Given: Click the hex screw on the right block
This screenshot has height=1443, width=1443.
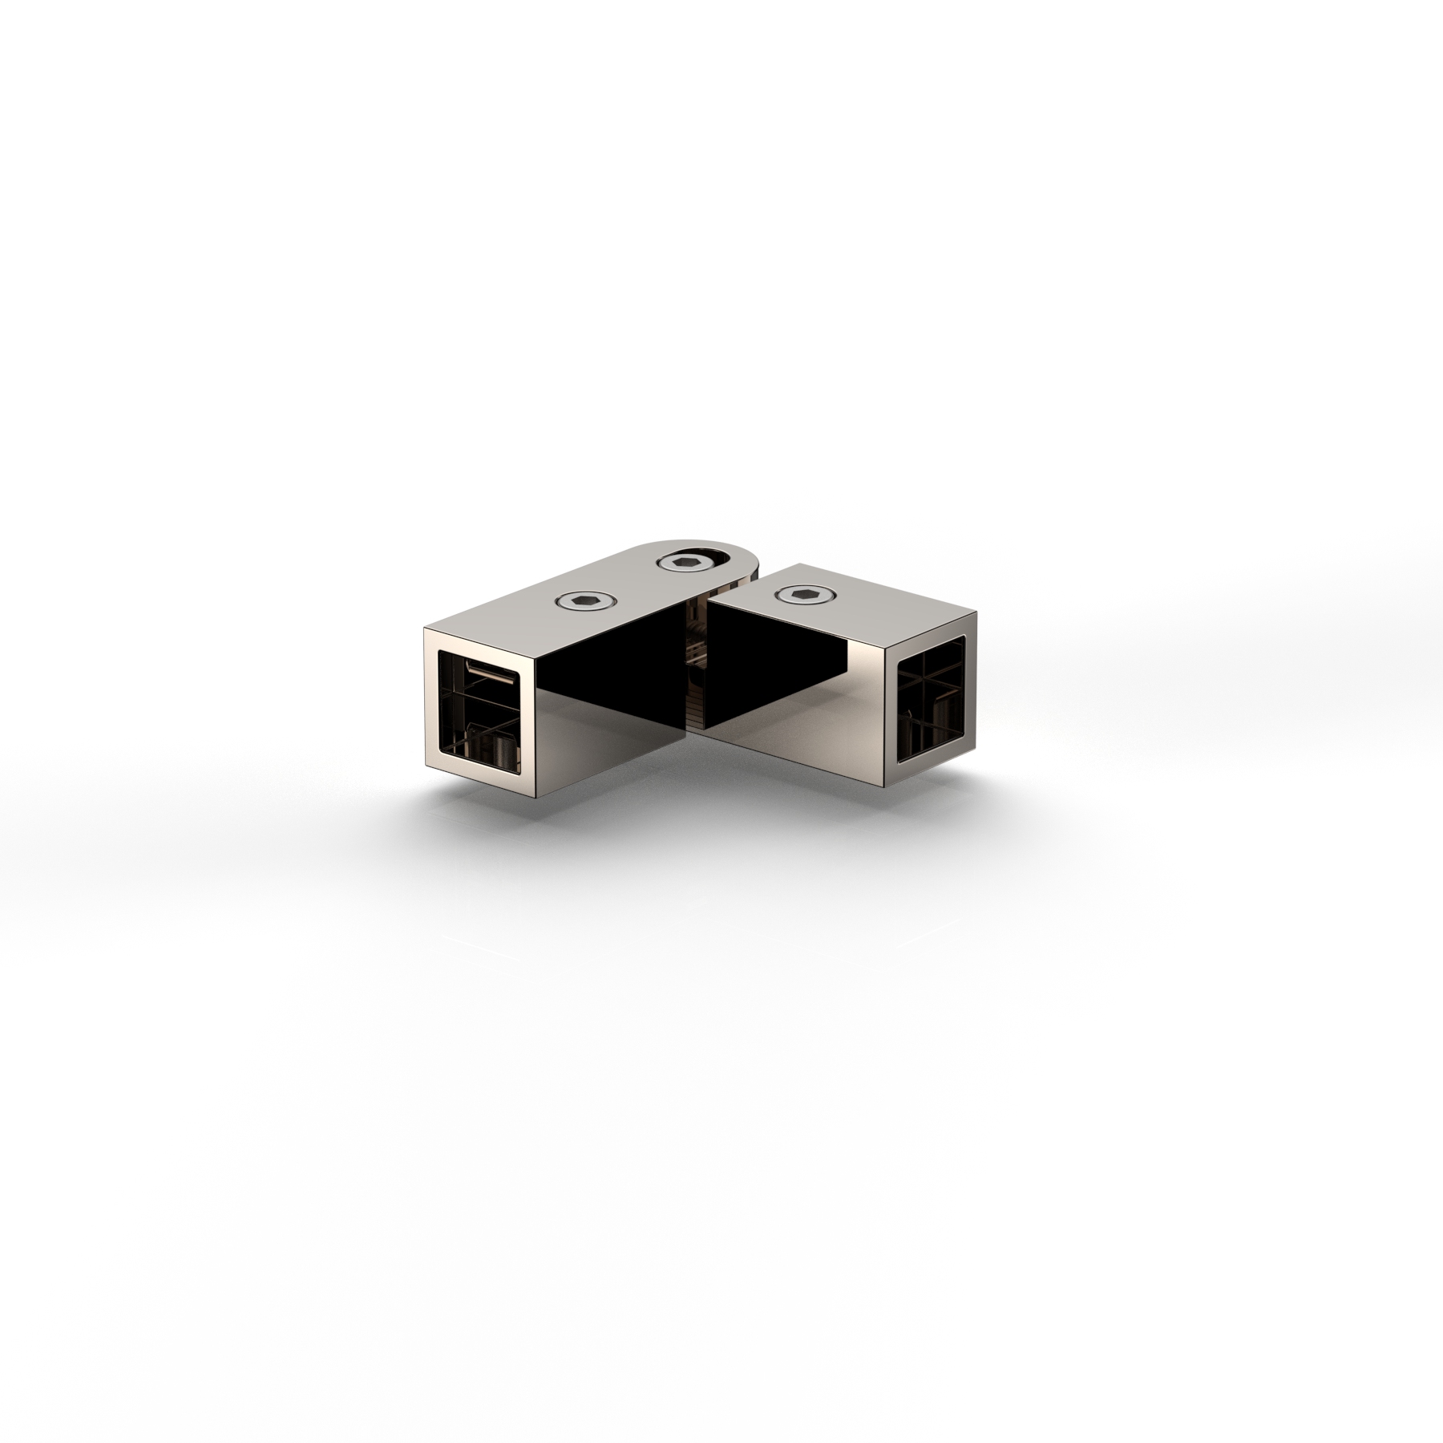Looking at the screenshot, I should click(804, 594).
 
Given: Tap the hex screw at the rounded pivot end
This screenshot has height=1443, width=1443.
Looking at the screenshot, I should click(686, 564).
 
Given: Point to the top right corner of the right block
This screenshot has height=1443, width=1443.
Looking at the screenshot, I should click(976, 612).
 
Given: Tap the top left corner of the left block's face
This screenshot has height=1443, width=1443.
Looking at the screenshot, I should click(425, 632).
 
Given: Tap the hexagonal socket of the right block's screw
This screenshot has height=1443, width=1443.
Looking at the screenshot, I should click(804, 594).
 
